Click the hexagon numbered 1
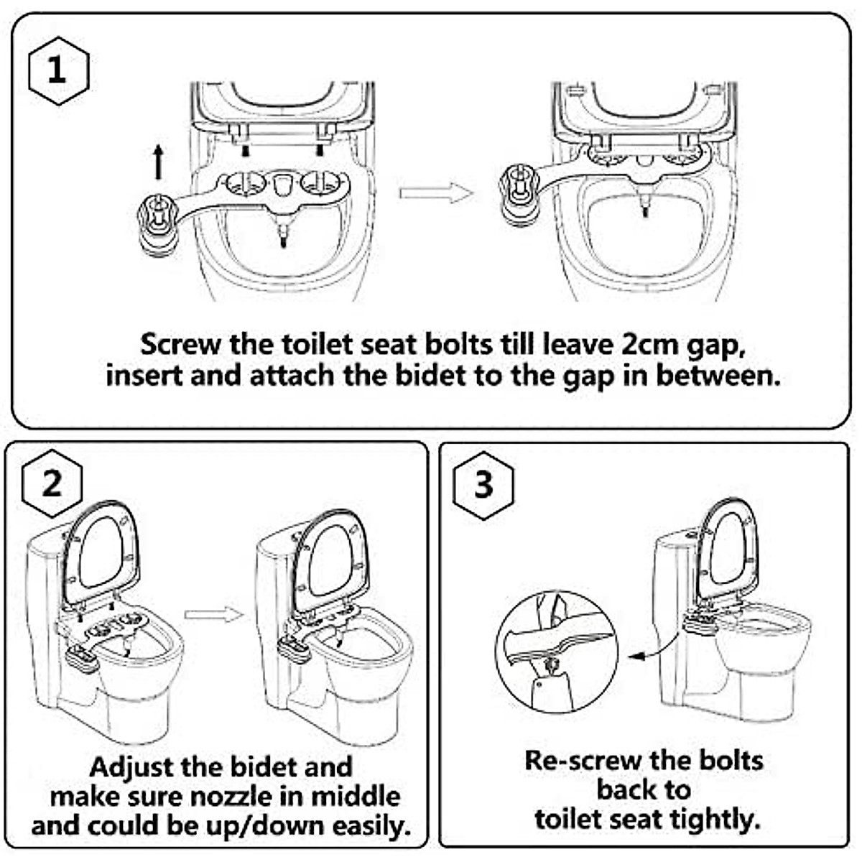pyautogui.click(x=57, y=71)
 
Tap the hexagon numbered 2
pyautogui.click(x=52, y=485)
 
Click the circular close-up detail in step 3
pyautogui.click(x=557, y=652)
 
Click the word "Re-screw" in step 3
pyautogui.click(x=583, y=760)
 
